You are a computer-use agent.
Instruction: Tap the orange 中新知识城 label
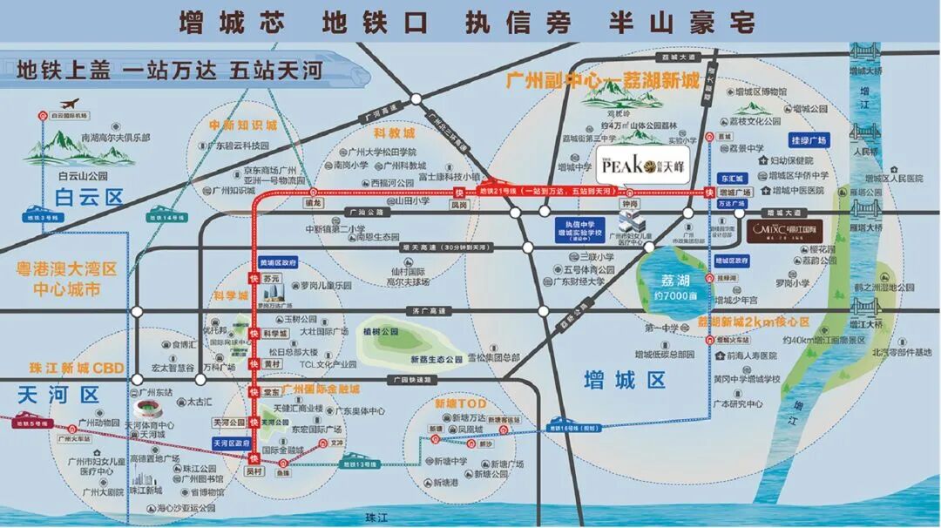pyautogui.click(x=242, y=125)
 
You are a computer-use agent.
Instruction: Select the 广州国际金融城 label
pyautogui.click(x=320, y=389)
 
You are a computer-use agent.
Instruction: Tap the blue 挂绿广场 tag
pyautogui.click(x=809, y=139)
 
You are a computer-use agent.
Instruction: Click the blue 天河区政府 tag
pyautogui.click(x=229, y=443)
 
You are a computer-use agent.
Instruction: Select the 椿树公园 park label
pyautogui.click(x=382, y=332)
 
